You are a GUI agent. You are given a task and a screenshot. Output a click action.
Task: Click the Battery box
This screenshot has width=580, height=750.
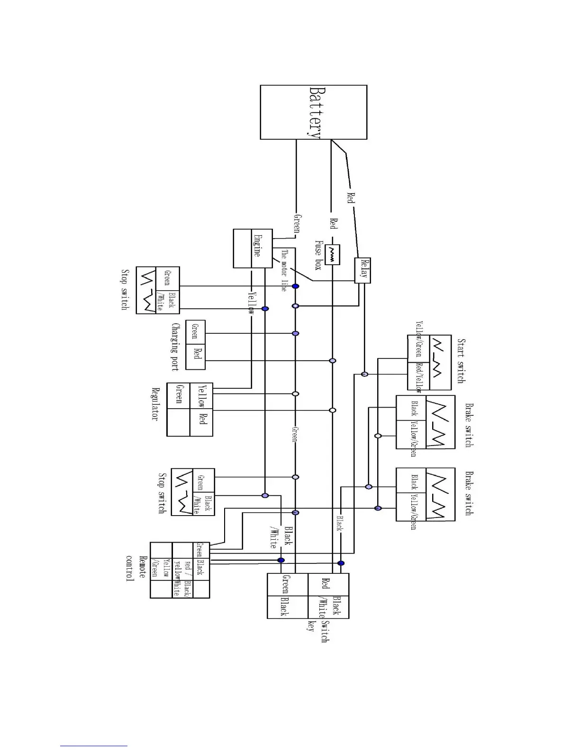coord(313,112)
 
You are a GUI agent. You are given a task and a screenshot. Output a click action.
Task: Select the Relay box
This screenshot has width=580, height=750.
coord(362,270)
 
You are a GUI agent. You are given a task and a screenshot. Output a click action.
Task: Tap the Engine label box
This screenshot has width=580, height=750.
coord(256,248)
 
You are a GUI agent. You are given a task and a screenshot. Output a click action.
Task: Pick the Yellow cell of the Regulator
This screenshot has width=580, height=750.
coord(201,396)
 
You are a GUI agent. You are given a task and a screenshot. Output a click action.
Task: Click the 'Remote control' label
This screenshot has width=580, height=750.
coord(136,569)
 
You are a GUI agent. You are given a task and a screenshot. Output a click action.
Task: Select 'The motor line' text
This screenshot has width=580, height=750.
coord(283,270)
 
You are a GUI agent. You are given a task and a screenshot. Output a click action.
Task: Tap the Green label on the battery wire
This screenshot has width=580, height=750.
coord(297,223)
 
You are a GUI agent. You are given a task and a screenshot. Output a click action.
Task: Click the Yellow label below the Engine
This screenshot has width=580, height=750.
coord(251,304)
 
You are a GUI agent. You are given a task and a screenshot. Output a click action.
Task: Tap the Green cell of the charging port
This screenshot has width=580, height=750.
coord(195,331)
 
